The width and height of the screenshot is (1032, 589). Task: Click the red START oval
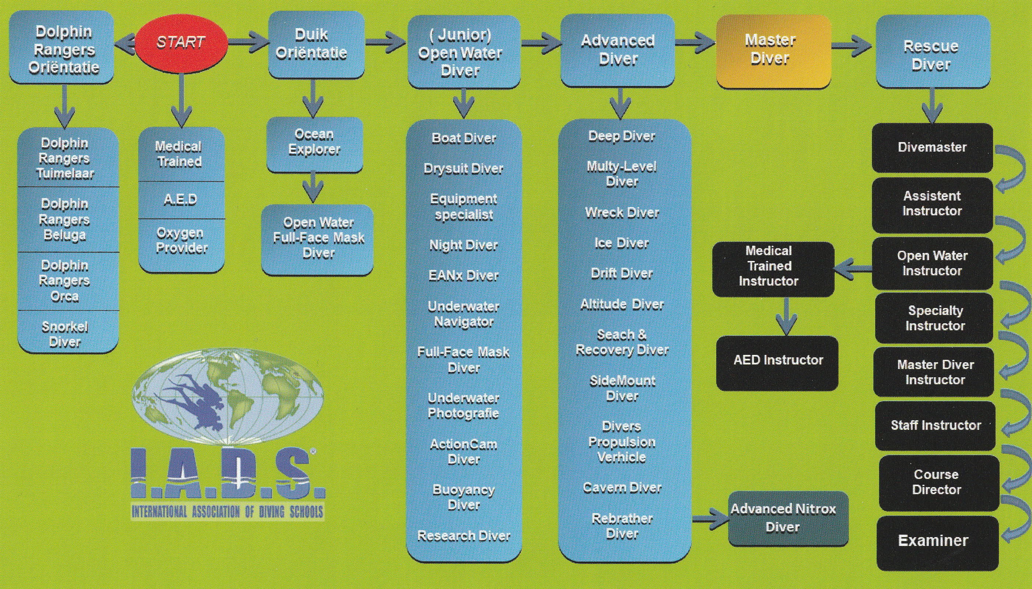pyautogui.click(x=181, y=42)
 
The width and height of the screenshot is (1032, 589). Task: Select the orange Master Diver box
pyautogui.click(x=773, y=50)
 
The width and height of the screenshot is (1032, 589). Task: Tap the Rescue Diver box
pyautogui.click(x=933, y=52)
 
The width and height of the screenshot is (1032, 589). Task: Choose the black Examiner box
pyautogui.click(x=937, y=541)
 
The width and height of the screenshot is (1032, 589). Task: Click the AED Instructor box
pyautogui.click(x=777, y=361)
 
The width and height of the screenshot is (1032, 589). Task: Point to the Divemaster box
pyautogui.click(x=932, y=147)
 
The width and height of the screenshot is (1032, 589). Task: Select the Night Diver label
pyautogui.click(x=463, y=245)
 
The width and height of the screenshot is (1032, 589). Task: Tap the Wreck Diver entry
pyautogui.click(x=622, y=213)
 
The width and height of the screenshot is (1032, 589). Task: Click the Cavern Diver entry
pyautogui.click(x=622, y=488)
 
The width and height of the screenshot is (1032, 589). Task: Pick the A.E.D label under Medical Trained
pyautogui.click(x=181, y=200)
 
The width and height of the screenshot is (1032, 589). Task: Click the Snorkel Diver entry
pyautogui.click(x=65, y=334)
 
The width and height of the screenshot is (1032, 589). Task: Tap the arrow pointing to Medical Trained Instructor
pyautogui.click(x=852, y=268)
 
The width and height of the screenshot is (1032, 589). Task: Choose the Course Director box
pyautogui.click(x=937, y=482)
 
